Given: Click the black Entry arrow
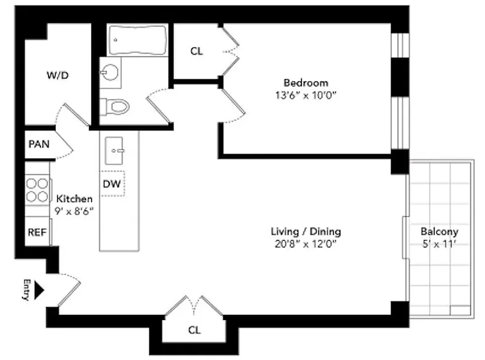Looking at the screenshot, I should coord(39,290).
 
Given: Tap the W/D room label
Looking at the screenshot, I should coord(58,75).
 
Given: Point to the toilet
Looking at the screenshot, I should coord(115,106).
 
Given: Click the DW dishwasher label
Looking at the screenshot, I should coord(112,184).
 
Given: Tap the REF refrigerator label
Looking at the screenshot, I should coord(37,232).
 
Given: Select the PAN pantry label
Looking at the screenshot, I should coord(39,144).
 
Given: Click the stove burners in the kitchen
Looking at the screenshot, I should coord(37,189).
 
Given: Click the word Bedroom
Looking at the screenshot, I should coord(306,83).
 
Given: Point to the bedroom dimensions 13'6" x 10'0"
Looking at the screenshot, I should coord(306,95).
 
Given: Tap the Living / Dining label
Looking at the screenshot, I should coord(306,232).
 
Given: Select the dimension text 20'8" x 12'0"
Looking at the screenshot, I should coord(306,244).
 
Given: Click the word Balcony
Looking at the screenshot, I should coord(439,232).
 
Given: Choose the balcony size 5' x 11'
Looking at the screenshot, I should coord(439,244).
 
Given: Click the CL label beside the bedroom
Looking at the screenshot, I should coord(196,51).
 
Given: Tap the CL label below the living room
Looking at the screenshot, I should coord(194,330).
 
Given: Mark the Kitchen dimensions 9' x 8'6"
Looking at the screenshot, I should coord(74,211).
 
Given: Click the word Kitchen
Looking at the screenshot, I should coord(74,198).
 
